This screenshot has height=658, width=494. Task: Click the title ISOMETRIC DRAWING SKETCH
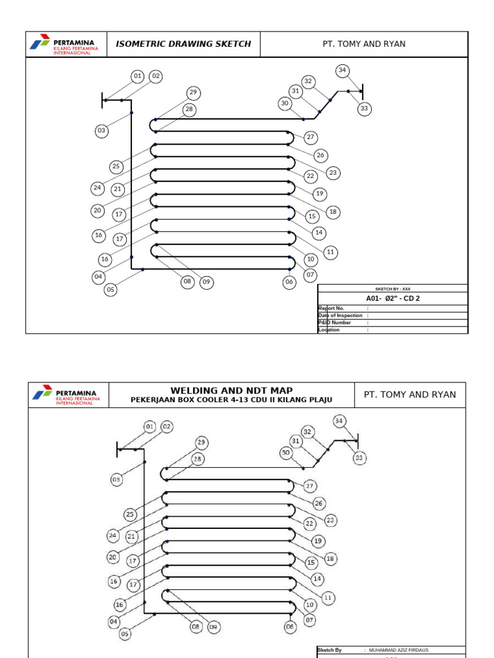coord(183,44)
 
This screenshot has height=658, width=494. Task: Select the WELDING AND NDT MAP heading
coord(232,391)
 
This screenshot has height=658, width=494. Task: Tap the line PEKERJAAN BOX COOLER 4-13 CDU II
coord(232,400)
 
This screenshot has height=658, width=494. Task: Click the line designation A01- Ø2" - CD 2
coord(393,298)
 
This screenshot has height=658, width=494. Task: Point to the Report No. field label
coord(332,308)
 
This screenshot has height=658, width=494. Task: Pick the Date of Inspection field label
coord(340,316)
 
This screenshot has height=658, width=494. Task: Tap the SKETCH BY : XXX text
coord(393,289)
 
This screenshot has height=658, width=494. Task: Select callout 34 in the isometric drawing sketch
coord(342,70)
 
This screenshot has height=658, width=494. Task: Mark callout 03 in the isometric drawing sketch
coord(101,131)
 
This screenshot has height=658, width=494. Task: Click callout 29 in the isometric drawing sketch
coord(193,93)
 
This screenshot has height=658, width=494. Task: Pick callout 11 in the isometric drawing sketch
coord(331,253)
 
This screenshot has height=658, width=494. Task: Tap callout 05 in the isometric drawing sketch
coord(111,290)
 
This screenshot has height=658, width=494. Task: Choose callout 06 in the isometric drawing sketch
coord(289,281)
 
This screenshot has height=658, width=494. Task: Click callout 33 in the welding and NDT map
coord(359,458)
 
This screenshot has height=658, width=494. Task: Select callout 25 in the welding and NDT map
coord(131,514)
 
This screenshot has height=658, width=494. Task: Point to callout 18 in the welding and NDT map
coord(331,559)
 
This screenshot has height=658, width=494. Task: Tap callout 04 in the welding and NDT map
coord(114,621)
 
